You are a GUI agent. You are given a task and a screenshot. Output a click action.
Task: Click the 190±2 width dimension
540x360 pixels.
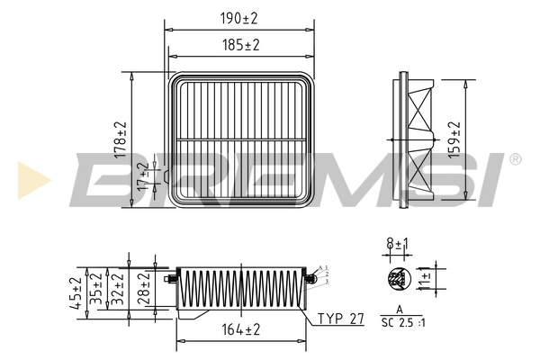pos(238,19)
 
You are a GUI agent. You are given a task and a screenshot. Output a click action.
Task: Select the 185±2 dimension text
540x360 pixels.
pos(238,44)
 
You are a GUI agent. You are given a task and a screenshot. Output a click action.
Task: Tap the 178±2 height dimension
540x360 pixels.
pos(121,140)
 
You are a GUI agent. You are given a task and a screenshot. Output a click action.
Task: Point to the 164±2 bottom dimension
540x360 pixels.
pos(240,330)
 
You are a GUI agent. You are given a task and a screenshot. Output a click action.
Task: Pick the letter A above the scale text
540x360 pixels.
pos(398,310)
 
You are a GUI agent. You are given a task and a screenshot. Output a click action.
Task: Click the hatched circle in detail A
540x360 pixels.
pos(395,280)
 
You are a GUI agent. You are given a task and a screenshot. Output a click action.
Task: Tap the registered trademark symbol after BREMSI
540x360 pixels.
pos(515,159)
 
